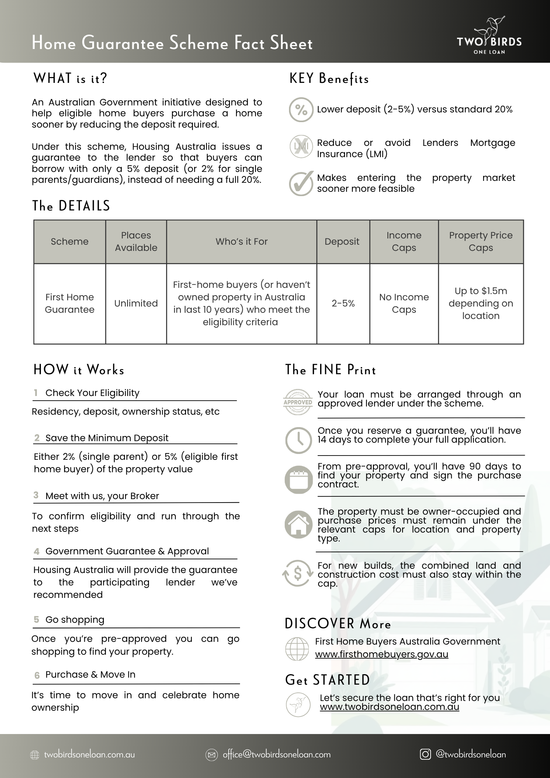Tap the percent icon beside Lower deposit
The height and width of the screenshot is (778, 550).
(301, 110)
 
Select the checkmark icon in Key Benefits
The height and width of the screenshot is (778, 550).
(301, 183)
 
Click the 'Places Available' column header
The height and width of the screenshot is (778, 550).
(136, 242)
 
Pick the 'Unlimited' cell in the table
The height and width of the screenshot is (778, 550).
(136, 303)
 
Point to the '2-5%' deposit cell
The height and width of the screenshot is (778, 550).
(343, 303)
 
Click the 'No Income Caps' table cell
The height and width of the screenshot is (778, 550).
(404, 303)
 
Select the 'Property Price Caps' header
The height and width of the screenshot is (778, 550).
(481, 242)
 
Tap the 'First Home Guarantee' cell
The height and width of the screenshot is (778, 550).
(70, 303)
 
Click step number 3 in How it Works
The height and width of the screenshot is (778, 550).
(36, 495)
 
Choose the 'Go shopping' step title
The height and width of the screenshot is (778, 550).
(75, 620)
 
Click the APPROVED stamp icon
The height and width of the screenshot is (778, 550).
(298, 402)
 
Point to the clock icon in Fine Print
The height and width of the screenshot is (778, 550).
(298, 440)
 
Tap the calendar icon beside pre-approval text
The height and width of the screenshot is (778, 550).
(298, 479)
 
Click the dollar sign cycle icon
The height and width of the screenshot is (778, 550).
(298, 573)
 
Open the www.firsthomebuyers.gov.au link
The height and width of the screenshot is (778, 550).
(382, 654)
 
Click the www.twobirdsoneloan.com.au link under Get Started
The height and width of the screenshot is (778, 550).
(389, 707)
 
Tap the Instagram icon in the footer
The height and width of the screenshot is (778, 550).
(426, 754)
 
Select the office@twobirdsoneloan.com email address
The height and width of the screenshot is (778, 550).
(277, 755)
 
